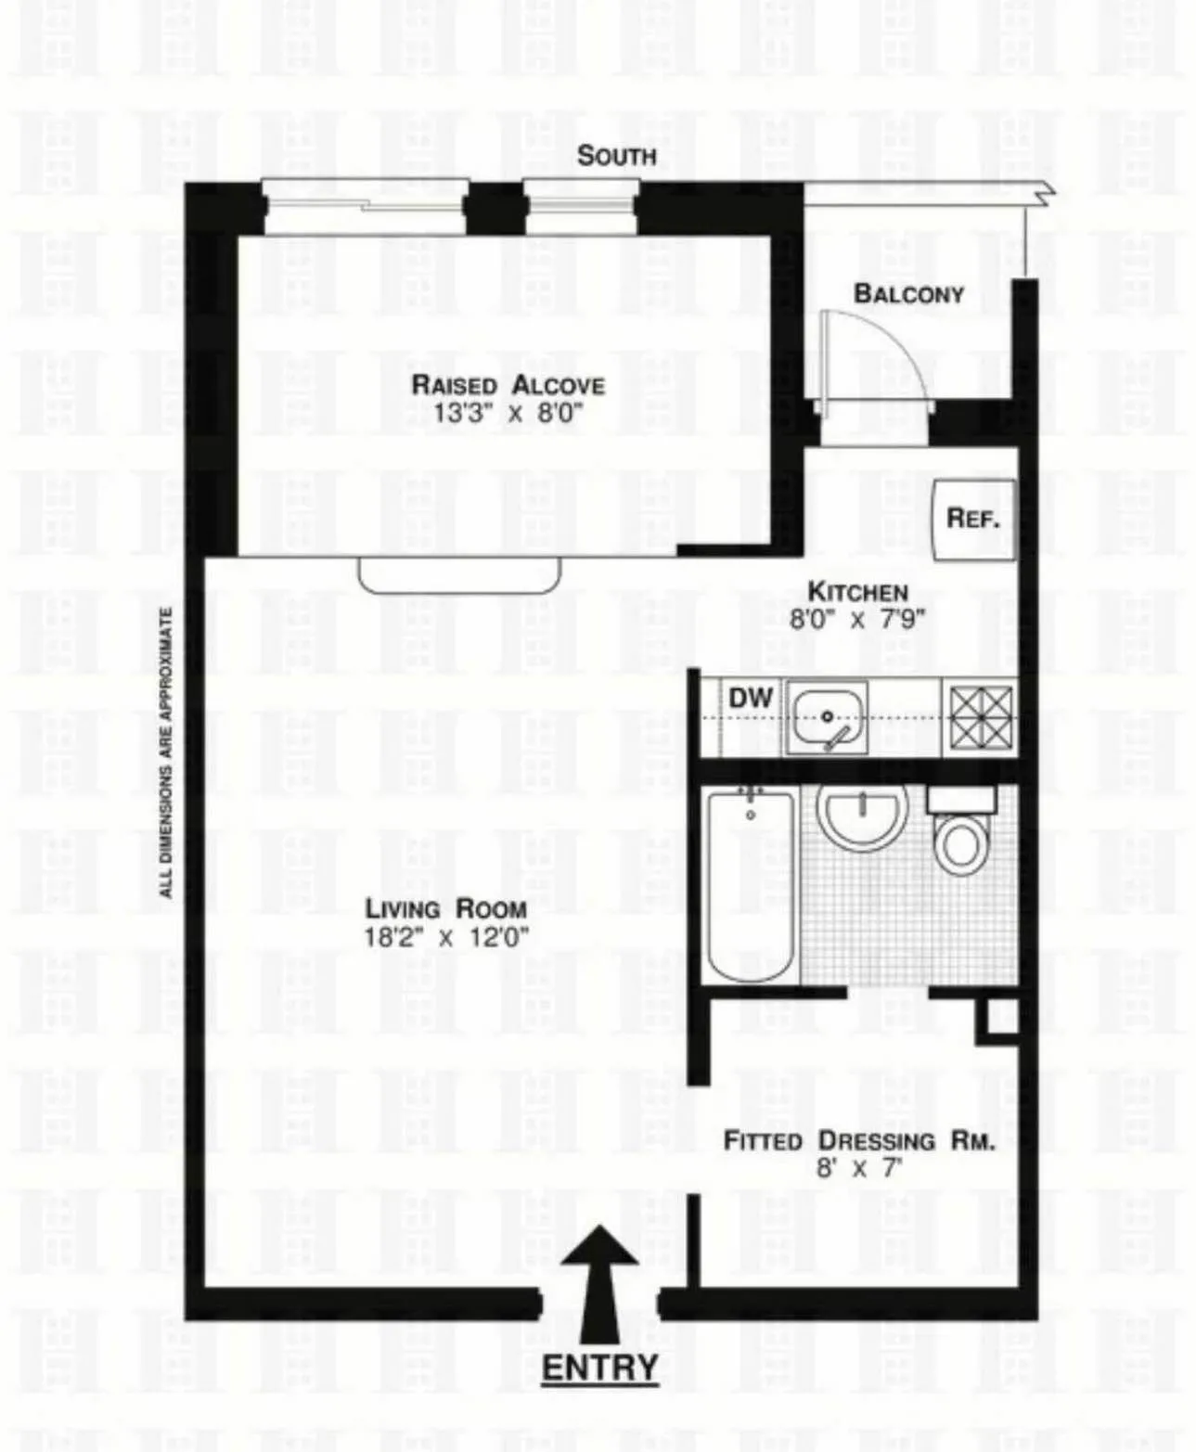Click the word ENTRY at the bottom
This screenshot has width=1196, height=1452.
tap(599, 1368)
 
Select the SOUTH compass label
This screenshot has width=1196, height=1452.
tap(616, 155)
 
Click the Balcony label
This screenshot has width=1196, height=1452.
tap(908, 293)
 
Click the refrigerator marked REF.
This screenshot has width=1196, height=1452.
tap(973, 518)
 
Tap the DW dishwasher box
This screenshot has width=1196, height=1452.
tap(751, 698)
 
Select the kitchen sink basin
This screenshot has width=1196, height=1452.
tap(826, 716)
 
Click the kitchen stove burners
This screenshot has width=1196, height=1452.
tap(981, 717)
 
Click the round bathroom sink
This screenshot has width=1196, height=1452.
tap(862, 814)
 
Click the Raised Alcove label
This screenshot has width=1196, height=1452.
tap(508, 384)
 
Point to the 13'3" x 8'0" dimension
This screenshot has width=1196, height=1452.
tap(508, 413)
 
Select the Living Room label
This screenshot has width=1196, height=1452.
tap(445, 908)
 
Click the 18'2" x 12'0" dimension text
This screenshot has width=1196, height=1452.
tap(445, 937)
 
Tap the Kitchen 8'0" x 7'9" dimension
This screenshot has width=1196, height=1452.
tap(857, 620)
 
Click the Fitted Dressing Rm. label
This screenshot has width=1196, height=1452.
tap(858, 1140)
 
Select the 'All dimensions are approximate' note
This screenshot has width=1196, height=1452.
tap(166, 752)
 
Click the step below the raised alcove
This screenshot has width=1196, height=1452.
tap(459, 575)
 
